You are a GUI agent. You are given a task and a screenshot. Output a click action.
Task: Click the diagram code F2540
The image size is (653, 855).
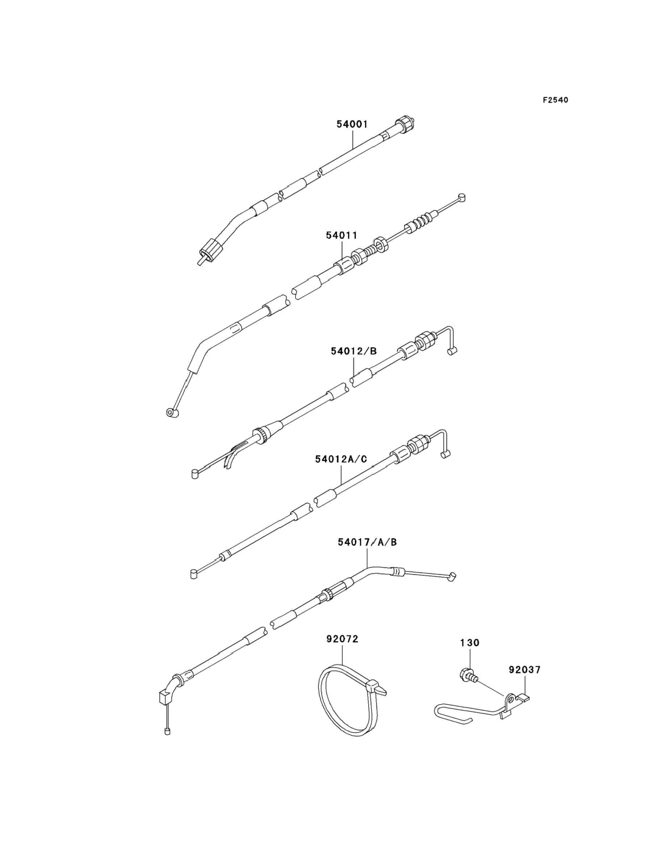click(555, 100)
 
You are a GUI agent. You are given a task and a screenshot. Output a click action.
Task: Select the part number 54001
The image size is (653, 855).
click(352, 125)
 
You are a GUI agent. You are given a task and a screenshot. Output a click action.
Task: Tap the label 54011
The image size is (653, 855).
click(341, 235)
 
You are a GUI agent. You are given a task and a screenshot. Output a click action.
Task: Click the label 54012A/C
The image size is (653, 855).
click(341, 459)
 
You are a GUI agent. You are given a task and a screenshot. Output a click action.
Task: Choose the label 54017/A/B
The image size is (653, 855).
click(367, 542)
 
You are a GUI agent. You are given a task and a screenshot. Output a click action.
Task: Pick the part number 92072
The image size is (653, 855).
click(342, 639)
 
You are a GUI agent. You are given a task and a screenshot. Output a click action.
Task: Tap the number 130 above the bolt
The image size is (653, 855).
click(470, 643)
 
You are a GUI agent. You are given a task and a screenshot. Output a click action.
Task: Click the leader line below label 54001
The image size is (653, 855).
click(353, 140)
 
